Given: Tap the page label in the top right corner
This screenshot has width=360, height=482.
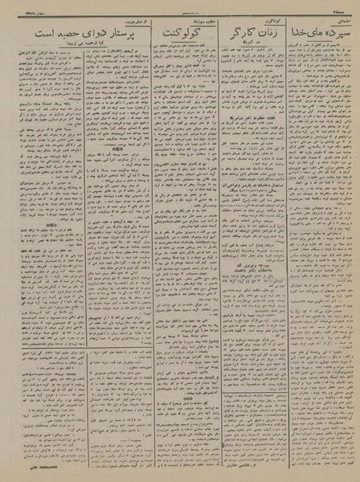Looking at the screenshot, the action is (x=342, y=8).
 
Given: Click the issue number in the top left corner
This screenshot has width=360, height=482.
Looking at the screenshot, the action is (x=19, y=8).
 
